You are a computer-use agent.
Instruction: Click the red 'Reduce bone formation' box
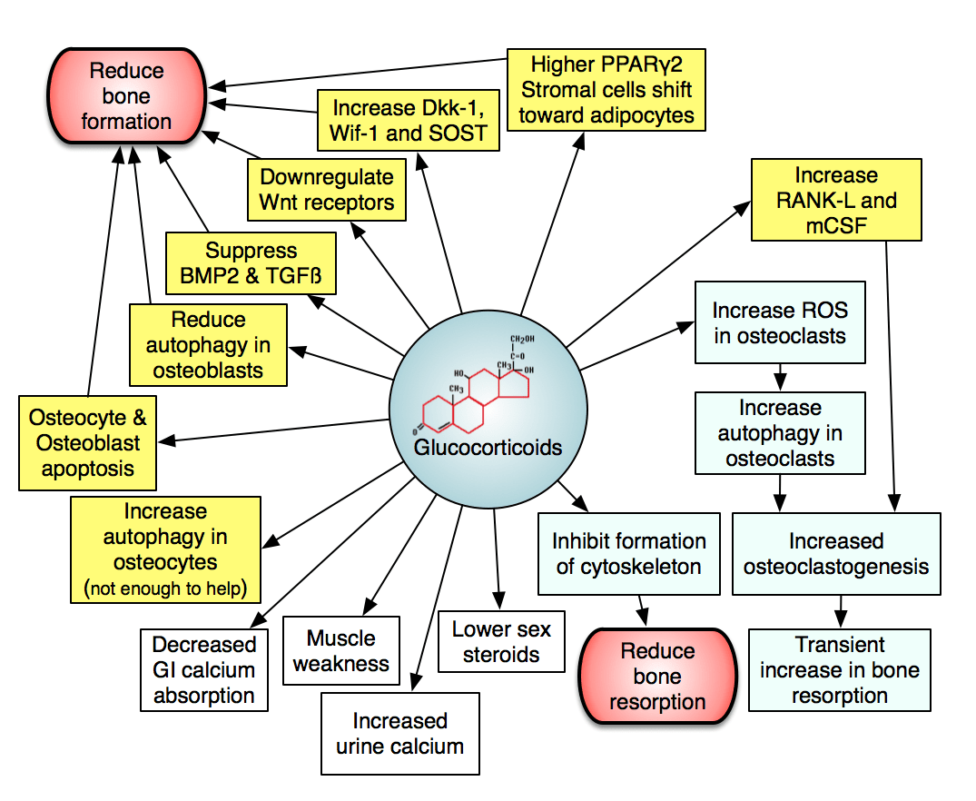126,96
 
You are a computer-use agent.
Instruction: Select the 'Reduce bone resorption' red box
656,677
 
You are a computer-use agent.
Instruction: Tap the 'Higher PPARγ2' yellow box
606,90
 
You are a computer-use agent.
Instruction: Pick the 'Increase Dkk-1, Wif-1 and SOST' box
407,121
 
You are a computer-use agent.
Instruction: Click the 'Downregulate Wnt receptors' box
327,189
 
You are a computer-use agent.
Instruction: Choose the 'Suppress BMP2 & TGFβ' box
251,263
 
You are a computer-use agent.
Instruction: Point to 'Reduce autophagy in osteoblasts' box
208,345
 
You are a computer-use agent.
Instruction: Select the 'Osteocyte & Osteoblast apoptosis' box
87,443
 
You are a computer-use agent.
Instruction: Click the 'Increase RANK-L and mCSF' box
835,201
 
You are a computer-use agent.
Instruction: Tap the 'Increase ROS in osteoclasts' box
780,323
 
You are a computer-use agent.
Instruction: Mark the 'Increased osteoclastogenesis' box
835,554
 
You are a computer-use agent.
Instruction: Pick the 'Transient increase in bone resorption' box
839,671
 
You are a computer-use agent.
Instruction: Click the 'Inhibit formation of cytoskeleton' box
628,554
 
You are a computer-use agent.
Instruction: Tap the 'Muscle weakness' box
341,650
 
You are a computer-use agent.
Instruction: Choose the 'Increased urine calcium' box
399,734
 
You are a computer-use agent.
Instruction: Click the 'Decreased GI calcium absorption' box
203,670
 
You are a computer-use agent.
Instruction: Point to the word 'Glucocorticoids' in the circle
488,448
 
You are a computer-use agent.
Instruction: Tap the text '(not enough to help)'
165,588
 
